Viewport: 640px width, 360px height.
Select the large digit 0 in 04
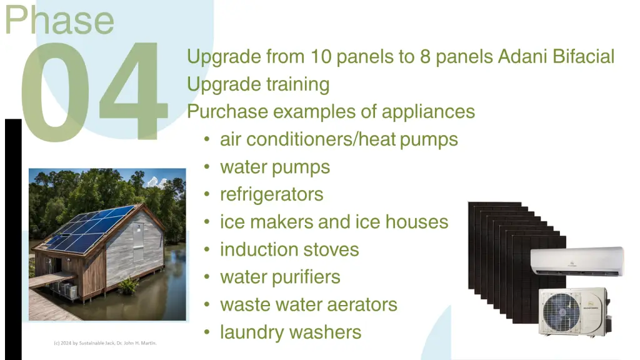pos(55,92)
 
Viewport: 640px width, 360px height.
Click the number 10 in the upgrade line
pos(321,56)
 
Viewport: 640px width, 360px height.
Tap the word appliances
pos(428,112)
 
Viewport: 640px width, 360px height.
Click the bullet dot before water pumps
pos(207,166)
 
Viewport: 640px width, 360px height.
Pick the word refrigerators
pos(272,194)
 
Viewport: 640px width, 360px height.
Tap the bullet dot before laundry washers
pos(207,332)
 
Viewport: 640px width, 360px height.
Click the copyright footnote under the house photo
pos(105,343)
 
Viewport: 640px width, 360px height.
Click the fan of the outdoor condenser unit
pos(561,312)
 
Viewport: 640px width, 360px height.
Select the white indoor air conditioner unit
pos(577,262)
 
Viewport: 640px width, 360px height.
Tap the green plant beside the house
pos(128,285)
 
